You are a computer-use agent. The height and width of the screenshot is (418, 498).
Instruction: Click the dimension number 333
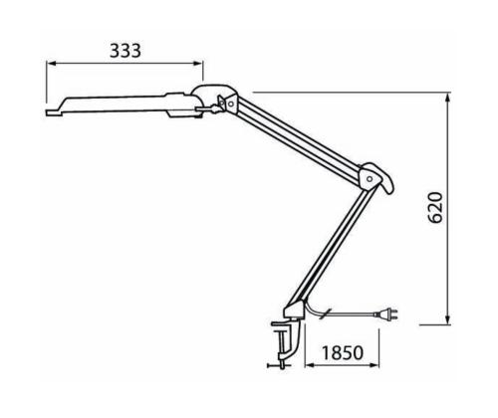click(x=124, y=50)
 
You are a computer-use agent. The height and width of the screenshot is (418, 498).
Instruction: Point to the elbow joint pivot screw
click(x=372, y=179)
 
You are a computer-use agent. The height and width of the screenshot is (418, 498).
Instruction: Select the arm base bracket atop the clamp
click(x=296, y=310)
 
